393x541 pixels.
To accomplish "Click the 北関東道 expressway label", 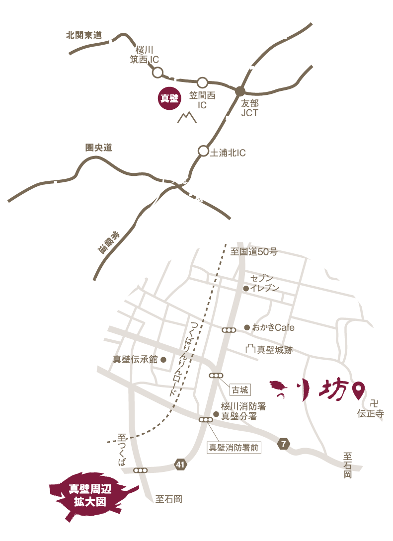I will coord(83,35).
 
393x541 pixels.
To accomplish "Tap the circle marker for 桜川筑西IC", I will coord(157,73).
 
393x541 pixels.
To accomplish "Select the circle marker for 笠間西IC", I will coord(202,82).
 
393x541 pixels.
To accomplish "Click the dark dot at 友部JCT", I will coord(240,91).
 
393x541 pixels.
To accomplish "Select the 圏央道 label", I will coord(98,148).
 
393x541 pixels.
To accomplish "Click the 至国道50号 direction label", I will coord(254,252).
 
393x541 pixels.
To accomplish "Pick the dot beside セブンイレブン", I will coord(245,288).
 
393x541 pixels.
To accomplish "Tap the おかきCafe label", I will coord(273,327).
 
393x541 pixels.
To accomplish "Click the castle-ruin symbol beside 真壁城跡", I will coord(250,349).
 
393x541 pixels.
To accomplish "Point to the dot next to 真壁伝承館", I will coord(163,359).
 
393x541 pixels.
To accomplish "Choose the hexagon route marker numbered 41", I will coord(181,465).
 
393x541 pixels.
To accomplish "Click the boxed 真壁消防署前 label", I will coord(234,447).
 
